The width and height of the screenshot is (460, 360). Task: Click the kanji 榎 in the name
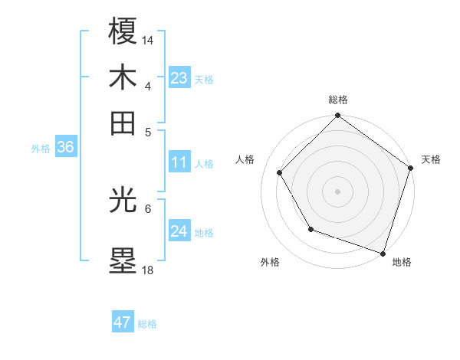pyautogui.click(x=123, y=31)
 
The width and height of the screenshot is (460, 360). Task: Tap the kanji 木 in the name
pyautogui.click(x=123, y=77)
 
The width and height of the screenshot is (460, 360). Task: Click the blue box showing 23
pyautogui.click(x=179, y=78)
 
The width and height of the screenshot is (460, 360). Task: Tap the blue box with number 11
pyautogui.click(x=179, y=162)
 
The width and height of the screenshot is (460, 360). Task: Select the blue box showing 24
pyautogui.click(x=179, y=231)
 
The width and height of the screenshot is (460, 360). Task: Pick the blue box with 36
pyautogui.click(x=65, y=148)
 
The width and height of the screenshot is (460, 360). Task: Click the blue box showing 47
pyautogui.click(x=123, y=322)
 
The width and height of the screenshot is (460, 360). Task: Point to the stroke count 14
pyautogui.click(x=148, y=39)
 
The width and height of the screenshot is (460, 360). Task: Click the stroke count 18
pyautogui.click(x=148, y=270)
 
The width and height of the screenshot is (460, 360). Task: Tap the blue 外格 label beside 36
pyautogui.click(x=41, y=149)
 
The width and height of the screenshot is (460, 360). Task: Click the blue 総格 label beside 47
pyautogui.click(x=147, y=324)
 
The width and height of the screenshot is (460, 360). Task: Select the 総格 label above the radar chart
pyautogui.click(x=338, y=100)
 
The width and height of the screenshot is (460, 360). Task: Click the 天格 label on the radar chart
pyautogui.click(x=431, y=159)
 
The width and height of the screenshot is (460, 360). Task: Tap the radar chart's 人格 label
pyautogui.click(x=245, y=159)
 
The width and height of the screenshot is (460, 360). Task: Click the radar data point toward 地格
pyautogui.click(x=383, y=252)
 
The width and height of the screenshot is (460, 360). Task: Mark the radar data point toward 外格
pyautogui.click(x=310, y=229)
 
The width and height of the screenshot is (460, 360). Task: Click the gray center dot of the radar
pyautogui.click(x=338, y=191)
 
